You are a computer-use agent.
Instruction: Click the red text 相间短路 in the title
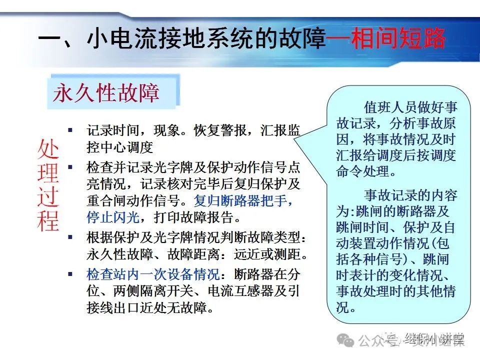point(397,38)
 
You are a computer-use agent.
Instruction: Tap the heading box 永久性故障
point(113,91)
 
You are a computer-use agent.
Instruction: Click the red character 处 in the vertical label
point(48,149)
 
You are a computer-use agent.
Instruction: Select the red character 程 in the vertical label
point(48,220)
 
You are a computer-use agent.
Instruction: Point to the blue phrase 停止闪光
point(113,217)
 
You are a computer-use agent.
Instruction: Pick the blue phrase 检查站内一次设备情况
point(153,274)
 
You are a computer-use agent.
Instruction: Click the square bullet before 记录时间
point(70,130)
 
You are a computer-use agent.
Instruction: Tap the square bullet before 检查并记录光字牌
point(70,167)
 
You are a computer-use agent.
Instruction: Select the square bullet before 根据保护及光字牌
point(70,237)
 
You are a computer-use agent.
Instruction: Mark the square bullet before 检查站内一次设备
point(70,274)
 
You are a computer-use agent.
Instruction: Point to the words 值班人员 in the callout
point(390,107)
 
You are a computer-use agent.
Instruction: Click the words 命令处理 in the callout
point(362,171)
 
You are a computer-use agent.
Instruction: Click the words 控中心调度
point(119,147)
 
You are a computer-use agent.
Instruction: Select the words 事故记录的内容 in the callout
point(410,195)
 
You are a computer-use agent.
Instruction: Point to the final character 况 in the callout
point(342,306)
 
